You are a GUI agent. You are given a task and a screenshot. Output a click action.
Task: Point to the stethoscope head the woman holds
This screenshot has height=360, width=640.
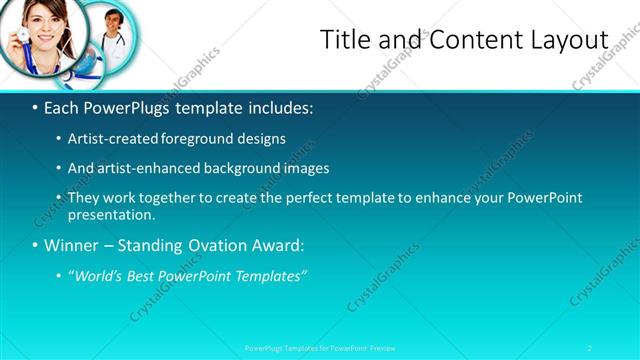17,42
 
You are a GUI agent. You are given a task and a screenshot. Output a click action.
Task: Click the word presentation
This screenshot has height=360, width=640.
110,214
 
